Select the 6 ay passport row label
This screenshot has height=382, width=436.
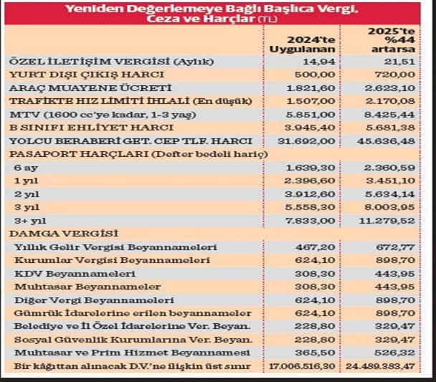[x=25, y=167]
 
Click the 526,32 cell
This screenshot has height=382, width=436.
[x=398, y=353]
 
